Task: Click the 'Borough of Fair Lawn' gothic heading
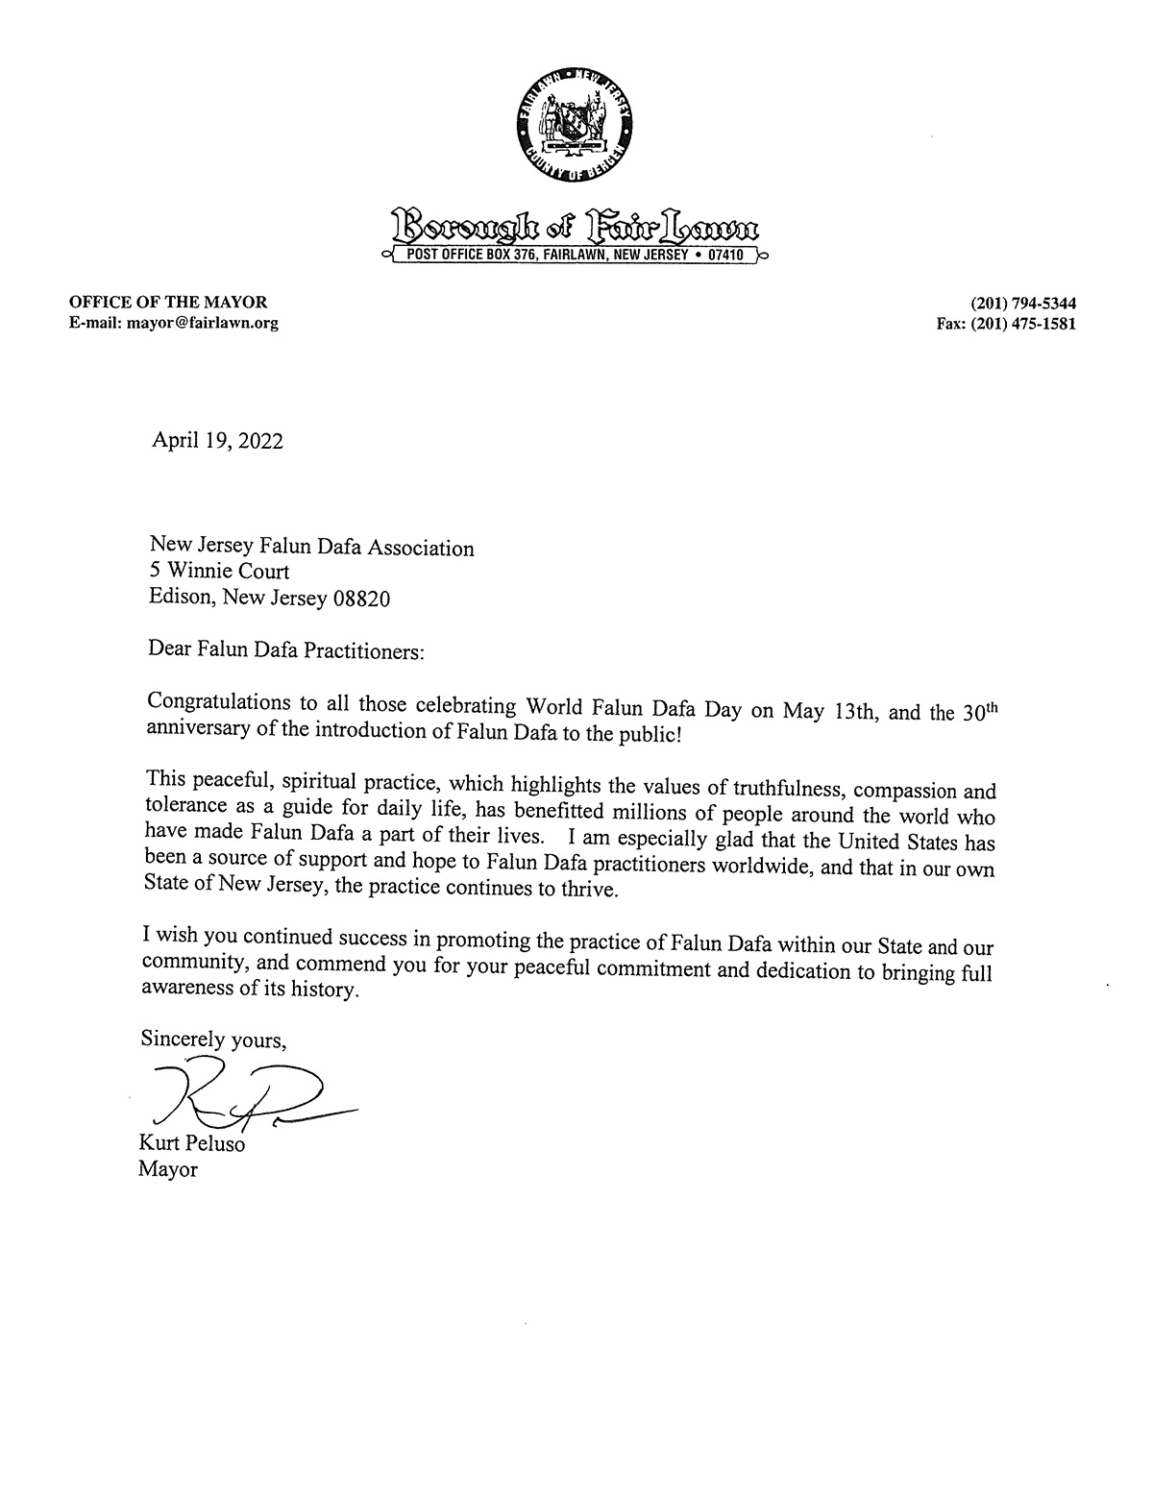click(x=576, y=228)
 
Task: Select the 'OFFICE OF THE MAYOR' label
click(x=167, y=303)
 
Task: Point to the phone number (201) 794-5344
click(x=1021, y=303)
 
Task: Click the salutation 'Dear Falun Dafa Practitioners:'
click(x=285, y=650)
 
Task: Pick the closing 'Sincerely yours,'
click(x=213, y=1039)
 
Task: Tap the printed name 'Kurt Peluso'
click(x=191, y=1145)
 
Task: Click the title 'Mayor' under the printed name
click(x=168, y=1170)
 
